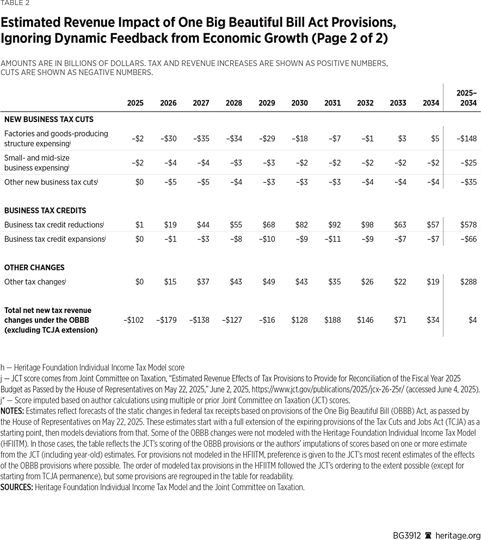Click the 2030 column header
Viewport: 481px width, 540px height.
point(299,103)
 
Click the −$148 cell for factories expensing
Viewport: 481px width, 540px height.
point(466,139)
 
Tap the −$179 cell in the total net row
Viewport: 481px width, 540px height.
point(166,320)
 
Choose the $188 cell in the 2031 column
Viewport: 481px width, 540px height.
point(332,320)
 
